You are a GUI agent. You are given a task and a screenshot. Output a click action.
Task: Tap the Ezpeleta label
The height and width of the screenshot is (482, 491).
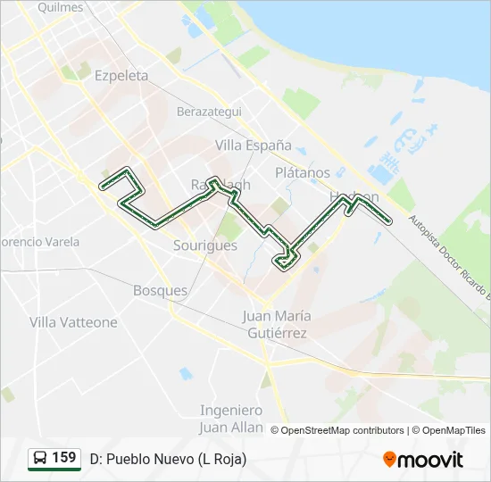(121, 76)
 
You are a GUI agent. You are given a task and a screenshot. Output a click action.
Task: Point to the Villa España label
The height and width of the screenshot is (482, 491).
(254, 145)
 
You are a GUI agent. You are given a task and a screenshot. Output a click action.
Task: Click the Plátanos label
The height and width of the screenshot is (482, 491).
(303, 172)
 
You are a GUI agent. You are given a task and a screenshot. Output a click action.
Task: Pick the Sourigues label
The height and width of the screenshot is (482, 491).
(205, 245)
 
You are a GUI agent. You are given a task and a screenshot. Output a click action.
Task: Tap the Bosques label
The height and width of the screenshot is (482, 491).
(160, 290)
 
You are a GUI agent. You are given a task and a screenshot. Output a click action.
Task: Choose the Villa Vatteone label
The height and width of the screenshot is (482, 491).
(73, 321)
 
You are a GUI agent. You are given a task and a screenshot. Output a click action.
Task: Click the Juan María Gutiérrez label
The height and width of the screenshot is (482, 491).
(277, 325)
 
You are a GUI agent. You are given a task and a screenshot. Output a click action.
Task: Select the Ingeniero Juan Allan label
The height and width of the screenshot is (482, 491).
(231, 419)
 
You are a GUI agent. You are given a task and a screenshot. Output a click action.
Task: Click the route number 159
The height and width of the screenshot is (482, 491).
(63, 458)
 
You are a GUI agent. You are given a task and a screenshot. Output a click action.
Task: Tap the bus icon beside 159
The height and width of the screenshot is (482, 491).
(40, 459)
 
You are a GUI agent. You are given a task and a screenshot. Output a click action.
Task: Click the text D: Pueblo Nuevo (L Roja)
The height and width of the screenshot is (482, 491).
(168, 459)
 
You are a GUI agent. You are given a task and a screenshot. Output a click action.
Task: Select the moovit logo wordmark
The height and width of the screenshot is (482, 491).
(431, 460)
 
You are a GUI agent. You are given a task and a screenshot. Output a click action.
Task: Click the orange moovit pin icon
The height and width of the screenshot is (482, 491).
(389, 460)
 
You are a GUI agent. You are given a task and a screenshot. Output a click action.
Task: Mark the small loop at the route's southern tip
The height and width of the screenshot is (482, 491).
(286, 260)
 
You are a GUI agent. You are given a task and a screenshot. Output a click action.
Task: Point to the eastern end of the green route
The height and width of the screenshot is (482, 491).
(389, 220)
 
